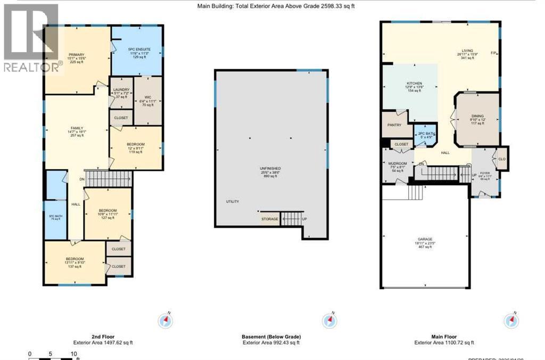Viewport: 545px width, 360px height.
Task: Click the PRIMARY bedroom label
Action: [x=76, y=55]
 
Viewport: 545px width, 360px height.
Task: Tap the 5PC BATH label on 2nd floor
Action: [x=55, y=216]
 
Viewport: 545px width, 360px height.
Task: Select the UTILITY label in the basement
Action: [x=232, y=201]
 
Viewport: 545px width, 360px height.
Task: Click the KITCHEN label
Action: [x=414, y=84]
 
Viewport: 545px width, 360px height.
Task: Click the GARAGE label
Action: [x=425, y=239]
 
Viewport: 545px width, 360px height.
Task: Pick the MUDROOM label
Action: [x=398, y=163]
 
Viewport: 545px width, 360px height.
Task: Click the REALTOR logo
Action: [x=31, y=37]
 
